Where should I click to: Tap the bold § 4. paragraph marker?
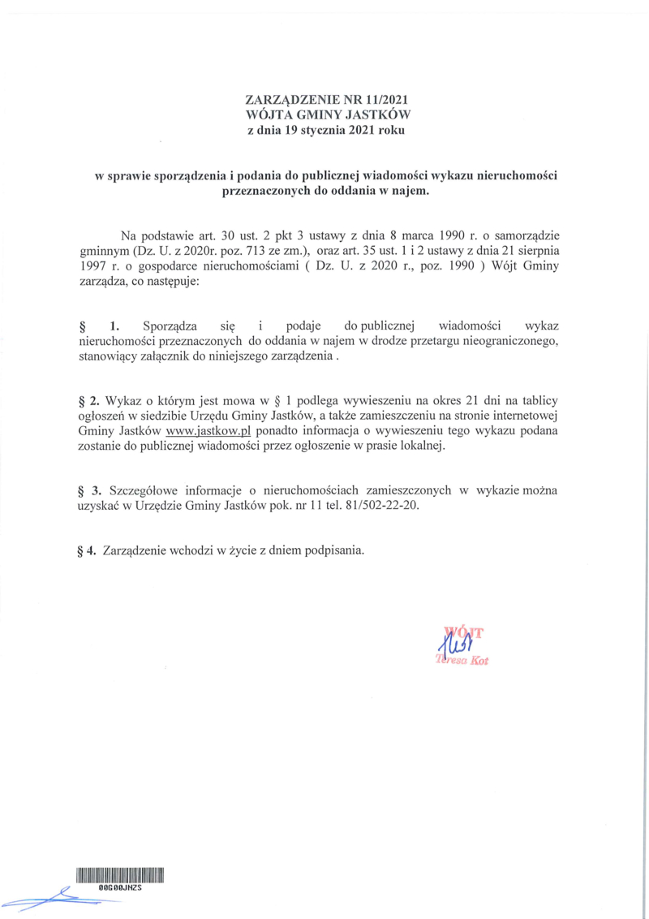pyautogui.click(x=87, y=550)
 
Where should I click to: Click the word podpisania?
pyautogui.click(x=332, y=550)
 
